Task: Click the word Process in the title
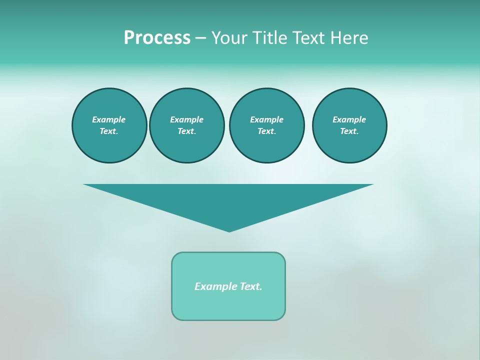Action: click(x=157, y=38)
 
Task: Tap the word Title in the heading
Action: click(x=268, y=38)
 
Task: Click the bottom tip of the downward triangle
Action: click(x=229, y=230)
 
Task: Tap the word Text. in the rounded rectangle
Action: click(x=251, y=286)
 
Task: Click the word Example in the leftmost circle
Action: click(x=109, y=119)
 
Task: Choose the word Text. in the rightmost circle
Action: click(x=349, y=131)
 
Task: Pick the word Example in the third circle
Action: click(x=266, y=119)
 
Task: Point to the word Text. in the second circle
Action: click(x=186, y=131)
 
